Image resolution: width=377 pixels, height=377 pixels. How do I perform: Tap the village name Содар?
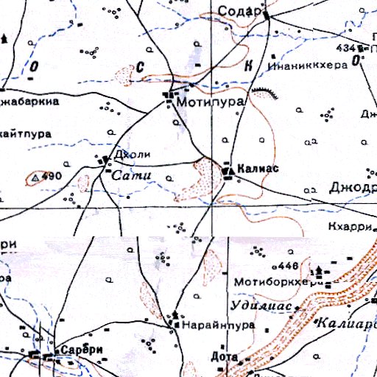coord(241,11)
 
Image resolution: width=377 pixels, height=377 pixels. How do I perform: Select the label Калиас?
coord(258,169)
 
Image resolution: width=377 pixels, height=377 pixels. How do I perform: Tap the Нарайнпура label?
coord(219,324)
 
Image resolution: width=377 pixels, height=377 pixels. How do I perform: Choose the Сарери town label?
coord(80,350)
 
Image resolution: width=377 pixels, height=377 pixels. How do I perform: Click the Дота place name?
coord(224,357)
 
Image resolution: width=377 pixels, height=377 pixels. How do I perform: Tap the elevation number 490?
coord(52,177)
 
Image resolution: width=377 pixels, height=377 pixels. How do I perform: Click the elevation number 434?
coord(347,47)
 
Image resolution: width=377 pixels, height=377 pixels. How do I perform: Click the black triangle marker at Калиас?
coord(228,170)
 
